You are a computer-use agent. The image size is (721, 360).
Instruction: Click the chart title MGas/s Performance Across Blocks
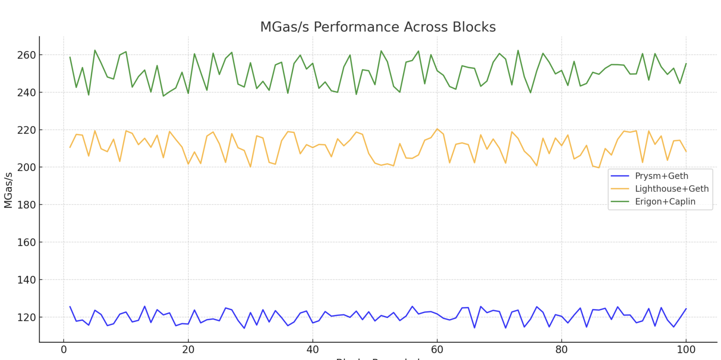(378, 27)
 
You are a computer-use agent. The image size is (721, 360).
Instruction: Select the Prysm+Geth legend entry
(661, 176)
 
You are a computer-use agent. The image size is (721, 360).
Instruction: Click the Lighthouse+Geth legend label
(671, 189)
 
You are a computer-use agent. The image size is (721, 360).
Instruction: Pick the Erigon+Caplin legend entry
(665, 201)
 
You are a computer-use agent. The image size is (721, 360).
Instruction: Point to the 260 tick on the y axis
(27, 55)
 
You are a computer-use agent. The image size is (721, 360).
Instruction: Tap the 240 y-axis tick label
(27, 93)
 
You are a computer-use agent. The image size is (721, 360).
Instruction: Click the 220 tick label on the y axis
(27, 130)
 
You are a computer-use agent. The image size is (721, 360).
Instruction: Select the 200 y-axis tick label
(27, 167)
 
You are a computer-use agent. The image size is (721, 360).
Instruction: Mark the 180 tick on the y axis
(27, 205)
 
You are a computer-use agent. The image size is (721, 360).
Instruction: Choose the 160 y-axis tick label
(27, 242)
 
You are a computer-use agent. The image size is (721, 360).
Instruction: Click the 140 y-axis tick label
(27, 280)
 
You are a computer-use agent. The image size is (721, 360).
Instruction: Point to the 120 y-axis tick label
(27, 317)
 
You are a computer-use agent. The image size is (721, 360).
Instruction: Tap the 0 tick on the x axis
(64, 350)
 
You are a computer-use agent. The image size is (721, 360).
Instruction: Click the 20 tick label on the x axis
(188, 350)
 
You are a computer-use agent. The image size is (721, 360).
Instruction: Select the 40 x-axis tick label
(313, 350)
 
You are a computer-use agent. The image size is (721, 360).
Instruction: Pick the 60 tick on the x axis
(437, 350)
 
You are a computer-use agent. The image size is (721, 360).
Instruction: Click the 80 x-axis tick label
(562, 350)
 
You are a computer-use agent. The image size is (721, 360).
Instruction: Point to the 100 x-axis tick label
(686, 350)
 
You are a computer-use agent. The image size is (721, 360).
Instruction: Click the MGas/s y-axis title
(8, 190)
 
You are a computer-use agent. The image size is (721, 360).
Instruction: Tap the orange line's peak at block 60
(437, 129)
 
